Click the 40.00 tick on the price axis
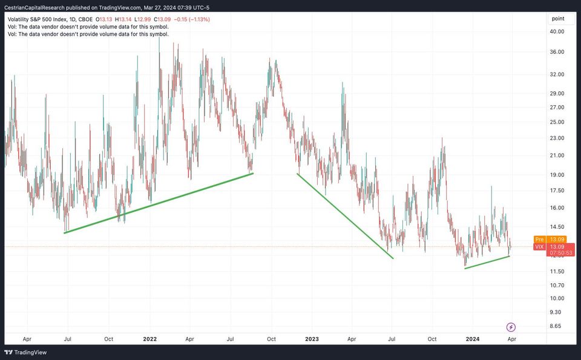pyautogui.click(x=557, y=31)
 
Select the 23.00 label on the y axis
pyautogui.click(x=557, y=138)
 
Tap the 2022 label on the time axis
pyautogui.click(x=149, y=339)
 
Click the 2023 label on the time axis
pyautogui.click(x=313, y=339)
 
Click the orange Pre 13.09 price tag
pyautogui.click(x=541, y=239)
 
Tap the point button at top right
pyautogui.click(x=558, y=19)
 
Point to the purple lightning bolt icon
pyautogui.click(x=511, y=327)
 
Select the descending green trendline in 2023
pyautogui.click(x=345, y=216)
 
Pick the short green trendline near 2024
pyautogui.click(x=487, y=262)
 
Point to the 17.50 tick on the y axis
pyautogui.click(x=557, y=191)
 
